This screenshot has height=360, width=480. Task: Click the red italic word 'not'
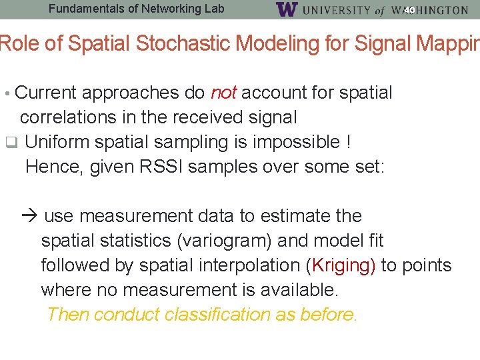click(x=223, y=93)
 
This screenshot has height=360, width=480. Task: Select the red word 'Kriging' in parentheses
click(x=340, y=265)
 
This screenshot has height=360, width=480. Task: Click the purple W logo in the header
click(x=286, y=9)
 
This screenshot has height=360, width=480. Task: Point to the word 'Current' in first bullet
click(x=46, y=93)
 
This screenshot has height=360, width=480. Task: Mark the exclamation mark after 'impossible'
click(x=348, y=142)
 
